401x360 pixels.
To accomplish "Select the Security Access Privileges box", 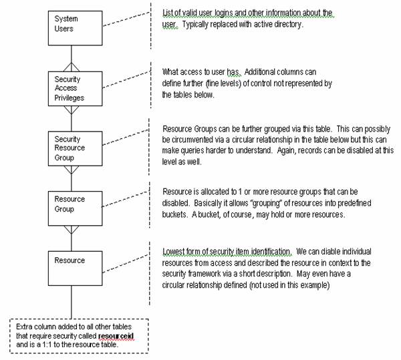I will (x=70, y=87).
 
